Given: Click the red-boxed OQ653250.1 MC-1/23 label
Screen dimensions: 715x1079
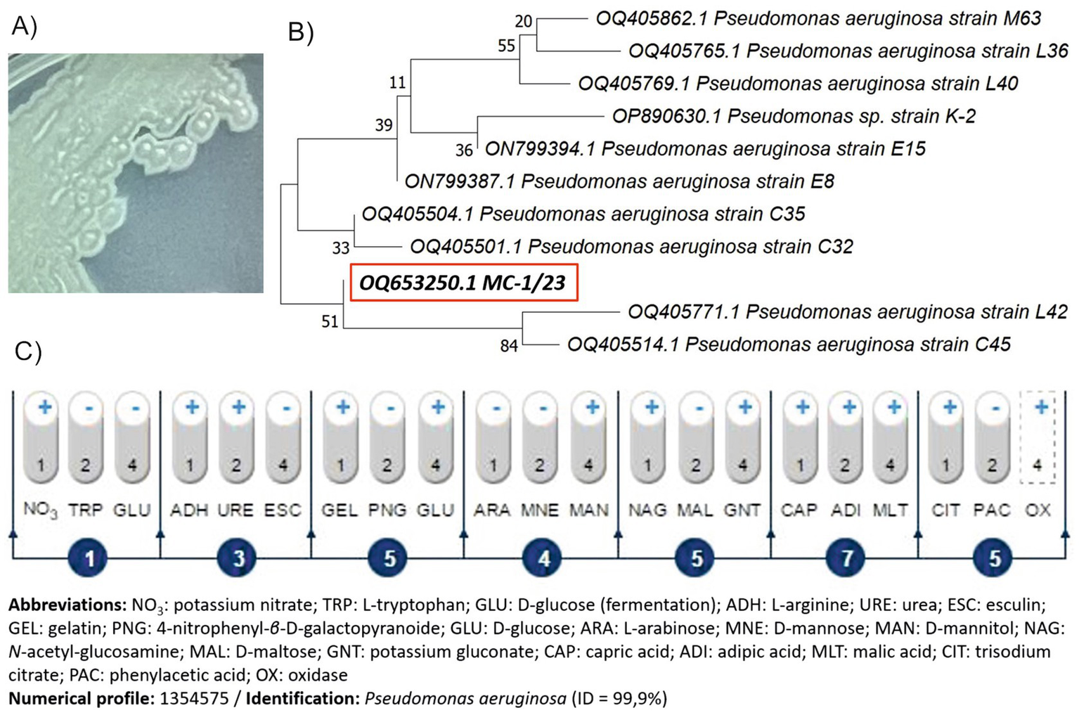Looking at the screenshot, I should [463, 283].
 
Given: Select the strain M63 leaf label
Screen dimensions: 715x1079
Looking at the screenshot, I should [818, 18].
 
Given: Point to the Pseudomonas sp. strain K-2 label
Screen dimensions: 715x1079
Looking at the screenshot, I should [794, 116].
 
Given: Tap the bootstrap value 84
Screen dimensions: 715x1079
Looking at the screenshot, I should [509, 345].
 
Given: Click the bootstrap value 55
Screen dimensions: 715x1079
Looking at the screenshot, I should [506, 46].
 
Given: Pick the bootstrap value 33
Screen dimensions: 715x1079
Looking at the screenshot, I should [341, 247].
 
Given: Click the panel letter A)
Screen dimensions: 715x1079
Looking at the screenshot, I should [24, 26].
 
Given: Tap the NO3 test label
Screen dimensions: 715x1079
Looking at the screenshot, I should [39, 510].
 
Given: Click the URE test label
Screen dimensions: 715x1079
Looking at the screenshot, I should [235, 510].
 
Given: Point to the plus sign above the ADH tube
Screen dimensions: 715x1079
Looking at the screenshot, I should [192, 406].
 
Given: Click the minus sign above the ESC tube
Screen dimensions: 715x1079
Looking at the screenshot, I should [283, 408].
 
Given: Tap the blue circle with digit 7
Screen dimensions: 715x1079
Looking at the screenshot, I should [846, 559].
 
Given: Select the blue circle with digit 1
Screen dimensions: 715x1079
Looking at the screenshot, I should [89, 559].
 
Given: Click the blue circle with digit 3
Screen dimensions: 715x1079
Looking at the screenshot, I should [238, 559].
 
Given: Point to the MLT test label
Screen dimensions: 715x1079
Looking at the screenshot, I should [890, 510].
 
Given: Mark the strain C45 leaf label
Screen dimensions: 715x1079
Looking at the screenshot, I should [789, 344].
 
